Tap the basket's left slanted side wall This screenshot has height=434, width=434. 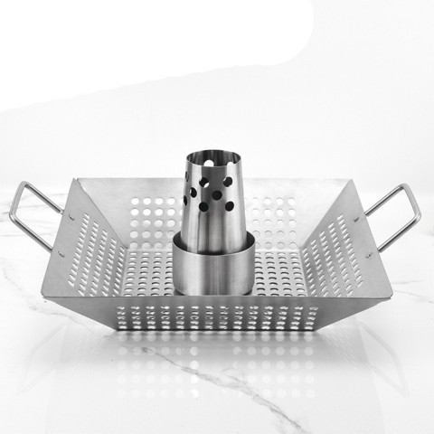click(x=90, y=244)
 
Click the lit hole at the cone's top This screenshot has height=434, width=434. click(x=214, y=146)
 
